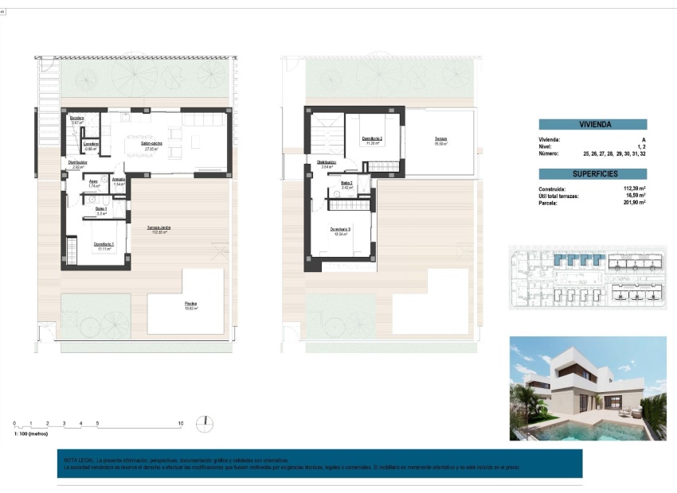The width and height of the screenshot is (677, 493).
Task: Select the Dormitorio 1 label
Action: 104,246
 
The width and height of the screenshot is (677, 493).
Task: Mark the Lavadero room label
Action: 92,145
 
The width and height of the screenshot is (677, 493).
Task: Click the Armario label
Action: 118,181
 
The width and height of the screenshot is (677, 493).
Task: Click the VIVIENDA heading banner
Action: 593,125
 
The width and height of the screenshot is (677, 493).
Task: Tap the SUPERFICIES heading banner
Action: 593,173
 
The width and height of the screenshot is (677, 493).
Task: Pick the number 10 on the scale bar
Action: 181,424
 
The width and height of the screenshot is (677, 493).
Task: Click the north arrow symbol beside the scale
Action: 205,421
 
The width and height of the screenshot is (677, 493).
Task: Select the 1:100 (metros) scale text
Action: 32,434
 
